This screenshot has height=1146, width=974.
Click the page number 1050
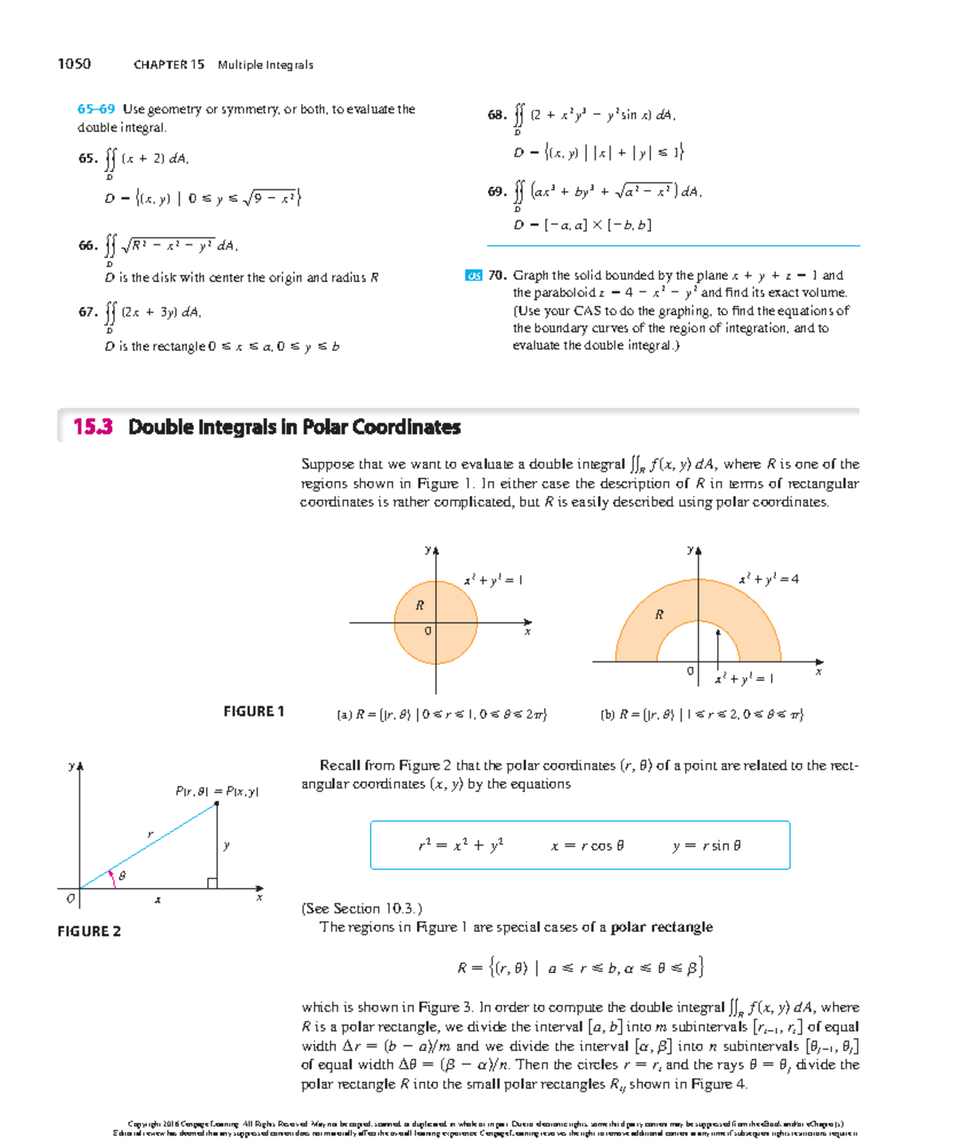pos(74,64)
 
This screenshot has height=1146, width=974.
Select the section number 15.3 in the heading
pos(93,427)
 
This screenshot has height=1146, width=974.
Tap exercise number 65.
pos(88,158)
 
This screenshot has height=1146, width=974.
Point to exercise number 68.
pos(497,115)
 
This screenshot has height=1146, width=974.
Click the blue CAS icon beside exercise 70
pos(473,276)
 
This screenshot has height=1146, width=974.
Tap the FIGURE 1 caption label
pos(253,712)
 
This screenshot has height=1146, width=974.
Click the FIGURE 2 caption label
pos(88,932)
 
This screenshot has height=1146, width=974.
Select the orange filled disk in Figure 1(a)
pos(455,641)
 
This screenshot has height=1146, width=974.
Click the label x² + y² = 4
pos(768,579)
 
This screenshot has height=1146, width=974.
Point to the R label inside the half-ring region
pos(659,614)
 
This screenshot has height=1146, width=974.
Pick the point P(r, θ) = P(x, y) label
pos(217,791)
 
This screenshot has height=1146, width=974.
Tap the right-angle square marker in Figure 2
pos(212,883)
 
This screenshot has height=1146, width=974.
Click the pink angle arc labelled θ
pos(113,878)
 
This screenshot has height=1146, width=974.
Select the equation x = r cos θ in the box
pos(587,846)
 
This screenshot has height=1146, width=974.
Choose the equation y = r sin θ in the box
pos(706,846)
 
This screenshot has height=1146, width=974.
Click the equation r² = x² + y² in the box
pos(460,846)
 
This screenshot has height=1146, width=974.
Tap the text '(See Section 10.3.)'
pos(361,908)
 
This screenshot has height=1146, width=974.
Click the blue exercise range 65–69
pos(96,109)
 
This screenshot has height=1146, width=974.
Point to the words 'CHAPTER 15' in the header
pos(169,65)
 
